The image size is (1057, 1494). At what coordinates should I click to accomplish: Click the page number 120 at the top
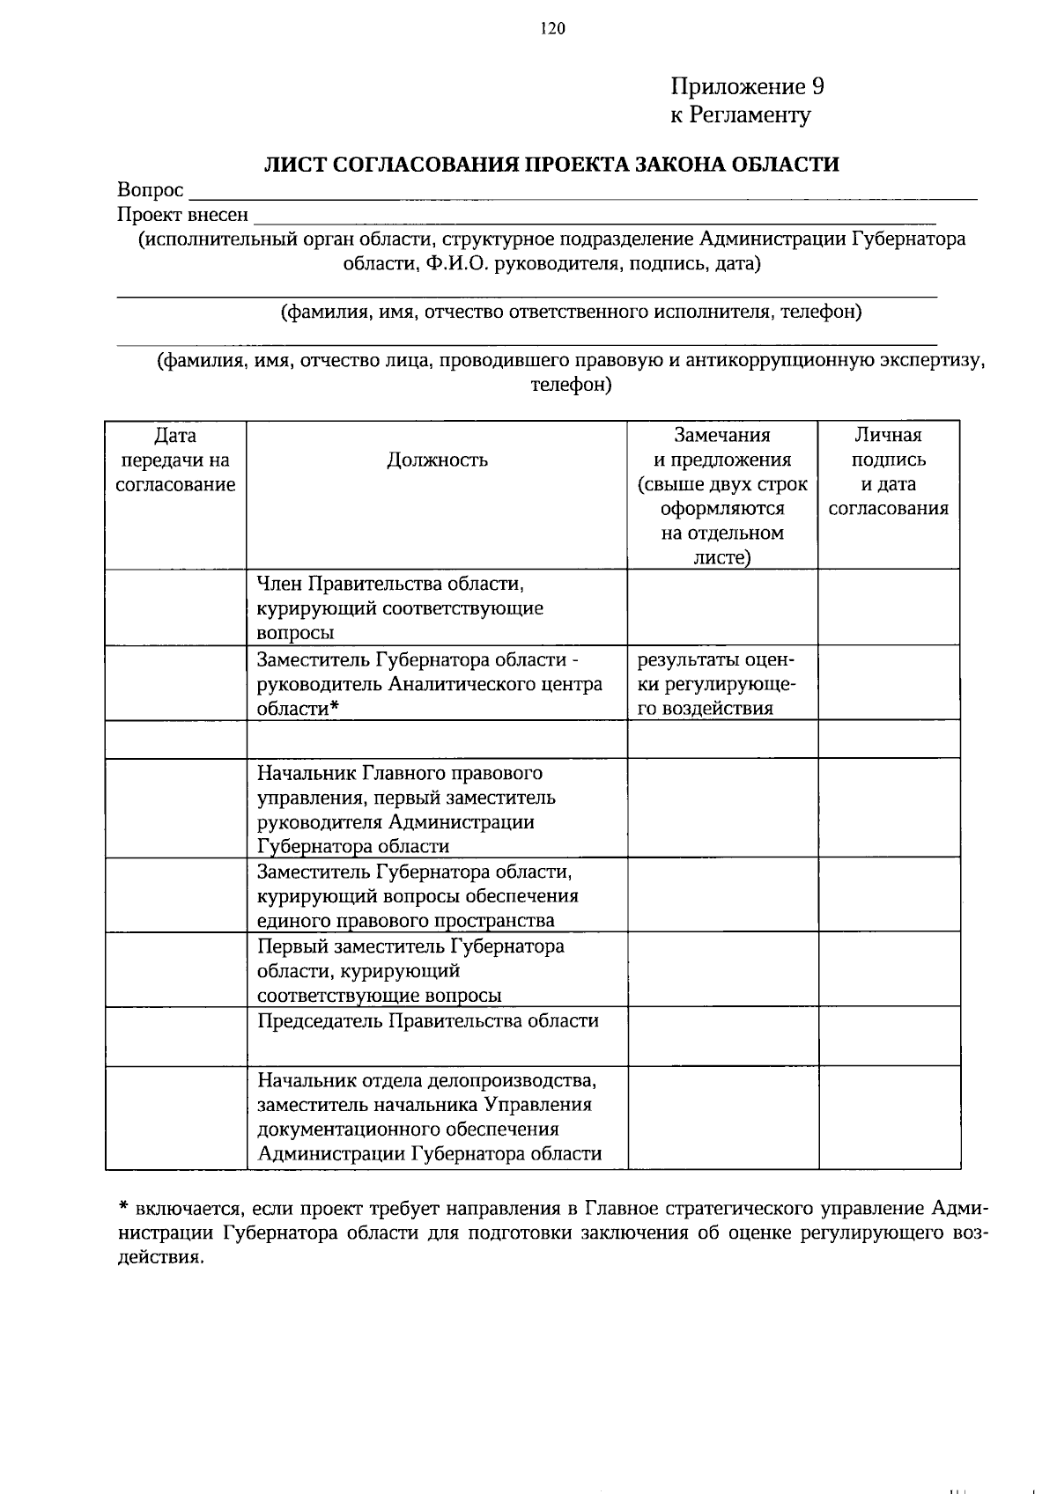pyautogui.click(x=551, y=29)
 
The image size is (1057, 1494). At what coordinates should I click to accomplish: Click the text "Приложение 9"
pyautogui.click(x=747, y=86)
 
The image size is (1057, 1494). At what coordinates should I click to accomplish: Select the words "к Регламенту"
pyautogui.click(x=740, y=114)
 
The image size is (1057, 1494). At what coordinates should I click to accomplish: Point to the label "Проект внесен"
pyautogui.click(x=182, y=215)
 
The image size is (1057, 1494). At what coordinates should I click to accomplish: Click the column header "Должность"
pyautogui.click(x=437, y=460)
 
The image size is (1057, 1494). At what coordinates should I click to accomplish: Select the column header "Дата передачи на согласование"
pyautogui.click(x=175, y=460)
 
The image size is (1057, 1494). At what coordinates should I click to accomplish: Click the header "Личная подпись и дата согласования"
pyautogui.click(x=888, y=471)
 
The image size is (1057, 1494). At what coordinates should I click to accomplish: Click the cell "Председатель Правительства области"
pyautogui.click(x=427, y=1021)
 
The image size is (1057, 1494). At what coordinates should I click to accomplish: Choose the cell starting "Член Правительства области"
pyautogui.click(x=400, y=607)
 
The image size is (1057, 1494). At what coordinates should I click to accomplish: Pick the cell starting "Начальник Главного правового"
pyautogui.click(x=405, y=809)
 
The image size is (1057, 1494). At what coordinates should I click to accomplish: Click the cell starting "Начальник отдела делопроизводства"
pyautogui.click(x=429, y=1116)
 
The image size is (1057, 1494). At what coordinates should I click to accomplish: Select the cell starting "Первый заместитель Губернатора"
pyautogui.click(x=410, y=970)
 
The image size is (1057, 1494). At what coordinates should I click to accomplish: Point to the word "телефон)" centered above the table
pyautogui.click(x=571, y=386)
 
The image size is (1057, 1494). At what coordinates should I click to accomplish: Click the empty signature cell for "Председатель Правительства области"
pyautogui.click(x=889, y=1037)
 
